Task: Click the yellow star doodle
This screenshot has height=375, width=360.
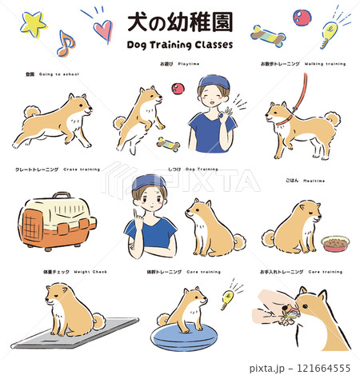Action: pyautogui.click(x=33, y=24)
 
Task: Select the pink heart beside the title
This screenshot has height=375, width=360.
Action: pyautogui.click(x=102, y=30)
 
